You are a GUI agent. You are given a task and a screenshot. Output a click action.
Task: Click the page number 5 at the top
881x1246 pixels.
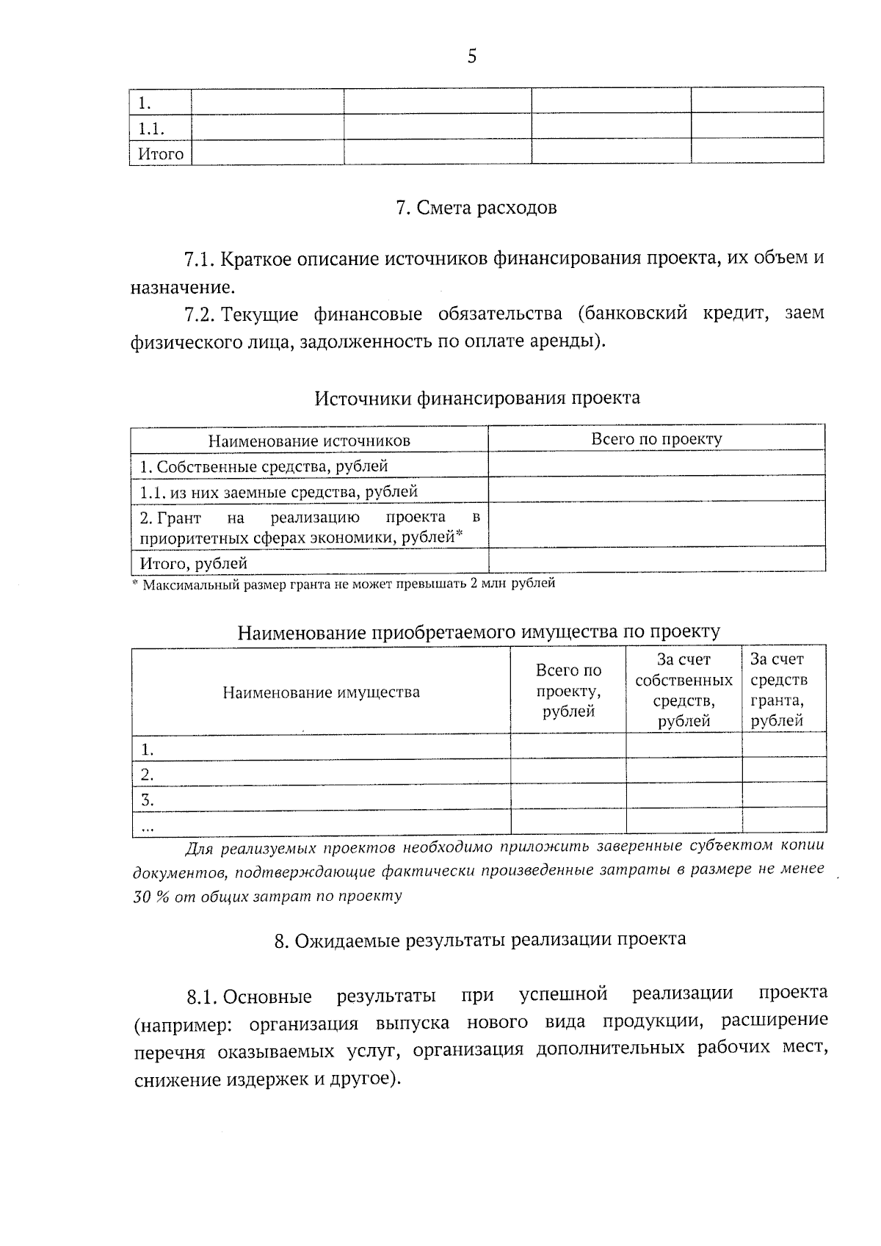click(471, 56)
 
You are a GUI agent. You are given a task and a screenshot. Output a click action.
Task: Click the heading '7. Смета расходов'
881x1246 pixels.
click(476, 208)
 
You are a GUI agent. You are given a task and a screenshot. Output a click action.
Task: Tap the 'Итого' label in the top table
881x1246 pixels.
click(161, 154)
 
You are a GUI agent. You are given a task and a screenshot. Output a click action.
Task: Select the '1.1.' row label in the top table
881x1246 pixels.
click(151, 129)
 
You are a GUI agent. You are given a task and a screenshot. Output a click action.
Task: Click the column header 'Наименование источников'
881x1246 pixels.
click(309, 441)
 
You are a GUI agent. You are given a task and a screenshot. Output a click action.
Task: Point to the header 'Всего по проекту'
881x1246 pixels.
click(656, 439)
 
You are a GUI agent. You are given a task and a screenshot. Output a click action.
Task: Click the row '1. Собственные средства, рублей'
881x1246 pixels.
click(264, 466)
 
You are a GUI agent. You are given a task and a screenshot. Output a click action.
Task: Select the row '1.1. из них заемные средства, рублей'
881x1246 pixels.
click(279, 491)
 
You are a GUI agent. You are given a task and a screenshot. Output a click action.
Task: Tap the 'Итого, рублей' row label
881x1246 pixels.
click(194, 563)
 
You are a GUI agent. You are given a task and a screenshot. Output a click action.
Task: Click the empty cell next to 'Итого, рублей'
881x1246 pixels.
click(656, 561)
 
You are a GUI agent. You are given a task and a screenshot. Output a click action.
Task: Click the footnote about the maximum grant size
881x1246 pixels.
click(344, 584)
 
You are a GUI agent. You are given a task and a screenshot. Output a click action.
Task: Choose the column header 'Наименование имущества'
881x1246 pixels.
click(322, 692)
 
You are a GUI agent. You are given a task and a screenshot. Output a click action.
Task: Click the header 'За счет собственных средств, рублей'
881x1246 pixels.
click(684, 690)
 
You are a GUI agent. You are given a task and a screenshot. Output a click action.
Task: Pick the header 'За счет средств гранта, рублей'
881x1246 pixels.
click(778, 690)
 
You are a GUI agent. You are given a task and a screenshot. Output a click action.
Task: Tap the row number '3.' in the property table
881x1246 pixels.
click(148, 799)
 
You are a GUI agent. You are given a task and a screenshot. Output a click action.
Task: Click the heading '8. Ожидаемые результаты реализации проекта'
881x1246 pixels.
click(480, 940)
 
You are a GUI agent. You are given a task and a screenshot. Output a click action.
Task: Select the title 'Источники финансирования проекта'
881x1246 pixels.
click(477, 398)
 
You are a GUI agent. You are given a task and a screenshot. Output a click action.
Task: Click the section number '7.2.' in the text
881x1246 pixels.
click(200, 315)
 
